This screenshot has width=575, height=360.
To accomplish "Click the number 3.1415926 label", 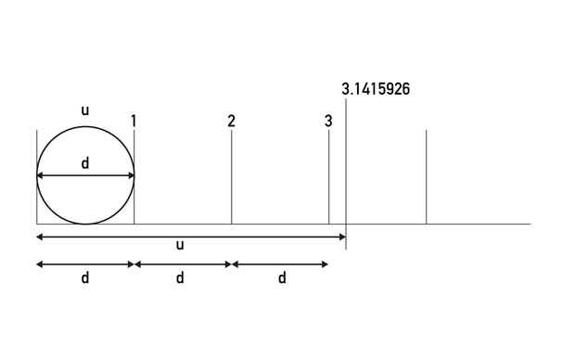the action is click(376, 89).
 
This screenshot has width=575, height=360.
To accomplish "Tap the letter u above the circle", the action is click(85, 110).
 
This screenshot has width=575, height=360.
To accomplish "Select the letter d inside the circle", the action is click(85, 162).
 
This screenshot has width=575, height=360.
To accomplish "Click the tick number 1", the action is click(134, 122).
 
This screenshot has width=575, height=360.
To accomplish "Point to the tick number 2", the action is click(231, 122).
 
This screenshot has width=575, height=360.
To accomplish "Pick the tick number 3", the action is click(328, 122).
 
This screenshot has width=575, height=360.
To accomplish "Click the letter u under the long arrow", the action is click(180, 245).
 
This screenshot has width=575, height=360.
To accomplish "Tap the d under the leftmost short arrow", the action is click(85, 277).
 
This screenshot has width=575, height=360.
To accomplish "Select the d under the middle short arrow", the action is click(180, 277).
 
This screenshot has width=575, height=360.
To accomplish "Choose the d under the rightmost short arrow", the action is click(282, 277).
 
